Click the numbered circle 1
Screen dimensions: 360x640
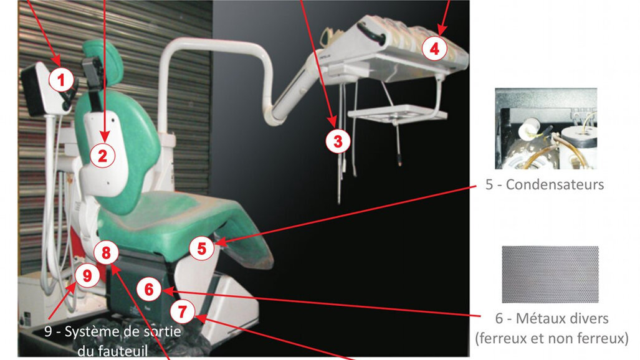pos(61,79)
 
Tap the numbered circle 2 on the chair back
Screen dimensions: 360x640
pos(102,155)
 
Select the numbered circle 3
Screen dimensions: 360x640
pos(338,141)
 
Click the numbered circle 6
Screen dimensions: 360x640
pos(148,289)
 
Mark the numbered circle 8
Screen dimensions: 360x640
pos(106,253)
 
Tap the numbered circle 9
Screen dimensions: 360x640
pos(87,275)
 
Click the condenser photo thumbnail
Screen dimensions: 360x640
pos(545,129)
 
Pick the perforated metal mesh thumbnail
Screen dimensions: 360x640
pos(550,275)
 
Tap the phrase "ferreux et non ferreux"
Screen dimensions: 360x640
pos(551,339)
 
